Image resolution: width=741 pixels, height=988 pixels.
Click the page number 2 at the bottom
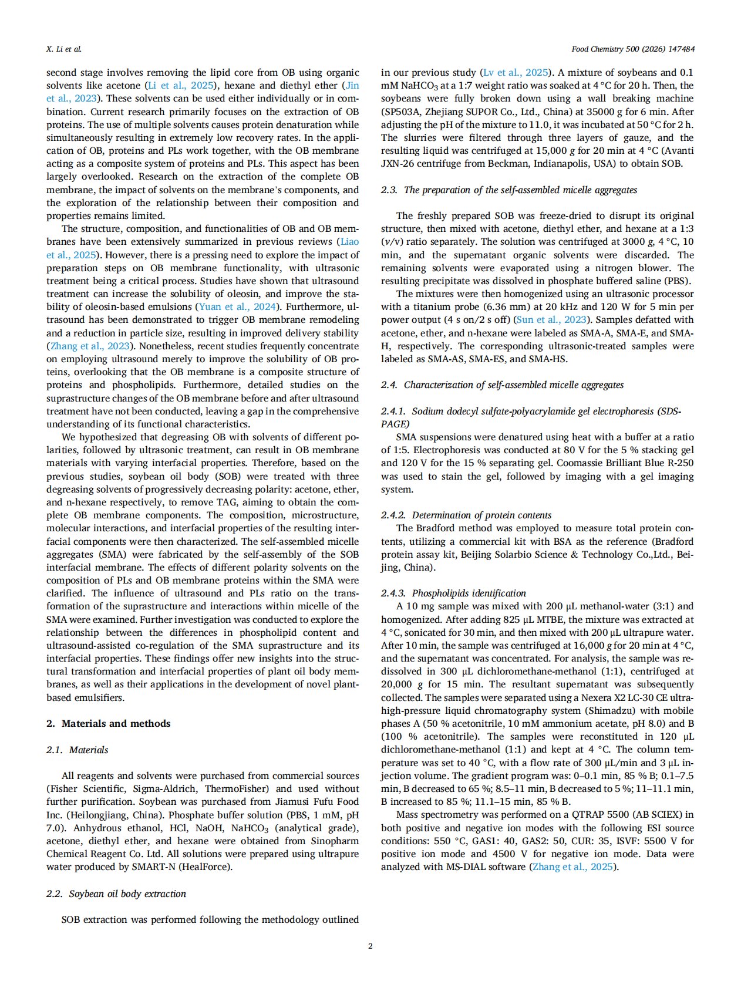[x=370, y=945]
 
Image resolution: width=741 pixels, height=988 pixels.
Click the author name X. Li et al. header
[x=64, y=49]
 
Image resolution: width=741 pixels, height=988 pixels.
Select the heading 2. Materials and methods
[x=109, y=723]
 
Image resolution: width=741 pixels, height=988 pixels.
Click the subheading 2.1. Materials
[x=78, y=750]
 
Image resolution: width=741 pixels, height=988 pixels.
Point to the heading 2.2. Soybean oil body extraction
[x=116, y=893]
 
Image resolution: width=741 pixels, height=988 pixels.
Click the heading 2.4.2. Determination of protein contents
[x=466, y=515]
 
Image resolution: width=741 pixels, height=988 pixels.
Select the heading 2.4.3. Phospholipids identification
[x=453, y=593]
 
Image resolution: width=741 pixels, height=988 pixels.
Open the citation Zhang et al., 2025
[x=572, y=866]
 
